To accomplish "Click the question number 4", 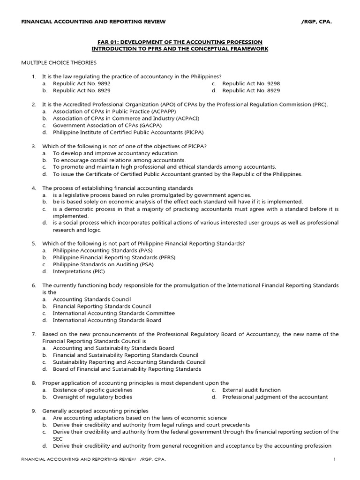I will [34, 188].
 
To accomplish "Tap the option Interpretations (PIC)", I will [79, 271].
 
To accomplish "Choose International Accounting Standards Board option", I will [107, 320].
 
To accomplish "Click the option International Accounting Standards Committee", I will [113, 313].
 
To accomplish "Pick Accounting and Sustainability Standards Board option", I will [113, 348].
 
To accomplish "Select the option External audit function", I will [251, 390].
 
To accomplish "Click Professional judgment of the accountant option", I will [275, 397].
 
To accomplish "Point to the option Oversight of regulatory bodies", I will [92, 397].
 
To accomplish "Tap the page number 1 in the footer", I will [335, 459].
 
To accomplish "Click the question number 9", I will [34, 411].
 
